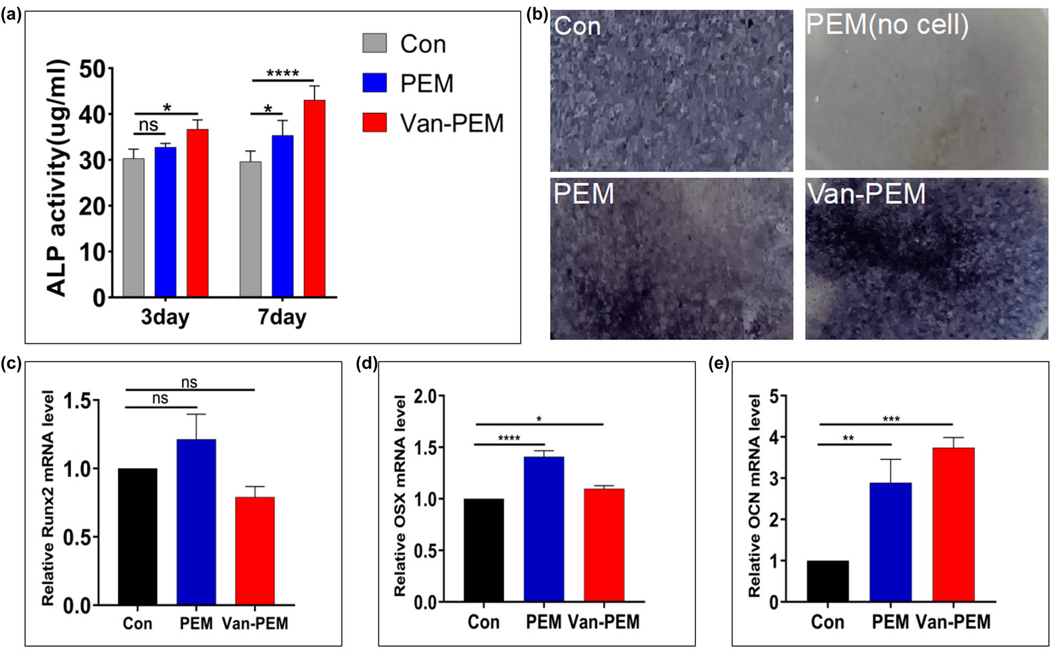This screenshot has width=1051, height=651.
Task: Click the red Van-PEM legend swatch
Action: click(374, 122)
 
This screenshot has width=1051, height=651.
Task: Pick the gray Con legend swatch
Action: click(374, 43)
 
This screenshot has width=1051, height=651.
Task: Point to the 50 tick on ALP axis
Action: click(92, 69)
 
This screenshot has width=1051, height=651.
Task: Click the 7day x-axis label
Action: click(282, 317)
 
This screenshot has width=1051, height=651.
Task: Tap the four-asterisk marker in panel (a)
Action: click(282, 73)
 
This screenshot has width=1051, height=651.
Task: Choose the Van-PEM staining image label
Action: click(866, 194)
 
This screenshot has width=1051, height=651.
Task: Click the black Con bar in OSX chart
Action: click(484, 550)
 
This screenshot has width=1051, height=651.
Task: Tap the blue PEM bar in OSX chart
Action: click(544, 529)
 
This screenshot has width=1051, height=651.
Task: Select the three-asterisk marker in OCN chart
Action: click(891, 419)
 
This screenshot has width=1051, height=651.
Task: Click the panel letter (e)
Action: click(718, 364)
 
